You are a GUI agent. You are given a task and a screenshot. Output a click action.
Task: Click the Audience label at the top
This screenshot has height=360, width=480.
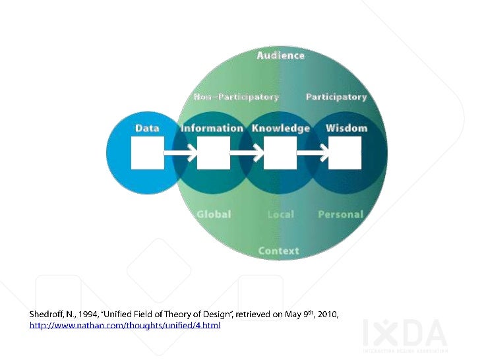point(281,55)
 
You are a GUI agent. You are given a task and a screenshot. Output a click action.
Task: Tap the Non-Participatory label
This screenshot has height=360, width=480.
point(236,97)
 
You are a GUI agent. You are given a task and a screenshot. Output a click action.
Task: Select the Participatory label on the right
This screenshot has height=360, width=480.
point(336,97)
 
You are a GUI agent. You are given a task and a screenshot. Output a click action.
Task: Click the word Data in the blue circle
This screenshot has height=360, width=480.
point(147,128)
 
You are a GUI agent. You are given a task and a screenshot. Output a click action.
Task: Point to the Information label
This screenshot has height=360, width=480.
point(212,128)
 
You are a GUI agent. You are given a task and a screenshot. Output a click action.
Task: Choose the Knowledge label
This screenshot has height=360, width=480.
point(281,128)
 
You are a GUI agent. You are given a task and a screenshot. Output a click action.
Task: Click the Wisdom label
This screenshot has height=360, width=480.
point(346,128)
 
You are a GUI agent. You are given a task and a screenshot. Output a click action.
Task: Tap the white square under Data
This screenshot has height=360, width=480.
point(148,153)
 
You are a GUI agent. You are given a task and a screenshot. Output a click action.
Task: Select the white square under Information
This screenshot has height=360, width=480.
point(214,153)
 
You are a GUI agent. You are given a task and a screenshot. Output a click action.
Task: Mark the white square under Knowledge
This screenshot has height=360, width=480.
point(280,153)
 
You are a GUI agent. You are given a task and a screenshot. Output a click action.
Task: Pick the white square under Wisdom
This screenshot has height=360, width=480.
point(345,153)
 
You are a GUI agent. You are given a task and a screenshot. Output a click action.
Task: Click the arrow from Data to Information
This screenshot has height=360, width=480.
point(181,154)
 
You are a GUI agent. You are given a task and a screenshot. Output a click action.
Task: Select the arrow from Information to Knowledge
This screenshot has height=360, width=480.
point(247,154)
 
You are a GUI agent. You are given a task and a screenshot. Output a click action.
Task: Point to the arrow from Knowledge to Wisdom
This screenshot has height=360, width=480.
point(313,154)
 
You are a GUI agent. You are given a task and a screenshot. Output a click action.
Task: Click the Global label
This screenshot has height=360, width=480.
point(214,214)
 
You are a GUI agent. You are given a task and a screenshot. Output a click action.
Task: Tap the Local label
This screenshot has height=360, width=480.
point(281,214)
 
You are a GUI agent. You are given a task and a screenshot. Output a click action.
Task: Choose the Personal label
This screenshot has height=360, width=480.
point(340,214)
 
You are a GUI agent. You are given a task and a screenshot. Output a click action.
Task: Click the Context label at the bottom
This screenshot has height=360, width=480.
point(278,251)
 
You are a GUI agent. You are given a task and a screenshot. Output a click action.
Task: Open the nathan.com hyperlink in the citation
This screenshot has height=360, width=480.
point(125,326)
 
